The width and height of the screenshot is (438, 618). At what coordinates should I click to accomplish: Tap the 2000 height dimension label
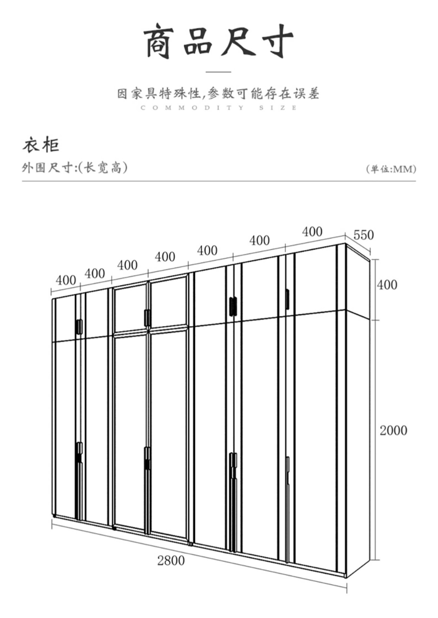click(393, 430)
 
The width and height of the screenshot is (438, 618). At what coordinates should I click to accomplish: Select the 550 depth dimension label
click(364, 235)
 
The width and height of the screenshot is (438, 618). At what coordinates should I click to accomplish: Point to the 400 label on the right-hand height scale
click(387, 285)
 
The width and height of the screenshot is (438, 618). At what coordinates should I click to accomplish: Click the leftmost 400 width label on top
click(66, 280)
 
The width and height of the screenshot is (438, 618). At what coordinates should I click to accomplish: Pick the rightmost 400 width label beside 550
click(312, 232)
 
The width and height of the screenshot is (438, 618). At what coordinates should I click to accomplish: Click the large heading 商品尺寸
click(219, 41)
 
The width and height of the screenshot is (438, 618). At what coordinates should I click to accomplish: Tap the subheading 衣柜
click(41, 145)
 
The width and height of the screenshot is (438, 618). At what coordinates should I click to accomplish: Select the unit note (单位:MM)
click(391, 169)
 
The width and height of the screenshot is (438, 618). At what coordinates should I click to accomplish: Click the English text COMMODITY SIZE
click(219, 108)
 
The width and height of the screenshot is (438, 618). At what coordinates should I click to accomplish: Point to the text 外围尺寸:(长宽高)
click(75, 167)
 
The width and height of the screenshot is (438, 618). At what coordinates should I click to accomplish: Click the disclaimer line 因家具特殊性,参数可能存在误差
click(218, 93)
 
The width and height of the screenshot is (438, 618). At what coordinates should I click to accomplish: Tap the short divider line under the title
click(219, 72)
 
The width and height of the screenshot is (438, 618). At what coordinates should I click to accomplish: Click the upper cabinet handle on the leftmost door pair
click(79, 327)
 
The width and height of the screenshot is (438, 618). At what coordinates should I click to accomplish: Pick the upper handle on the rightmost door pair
click(287, 299)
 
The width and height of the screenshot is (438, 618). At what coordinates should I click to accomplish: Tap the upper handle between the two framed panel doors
click(147, 318)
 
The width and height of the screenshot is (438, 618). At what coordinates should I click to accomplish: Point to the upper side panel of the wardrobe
click(358, 282)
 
